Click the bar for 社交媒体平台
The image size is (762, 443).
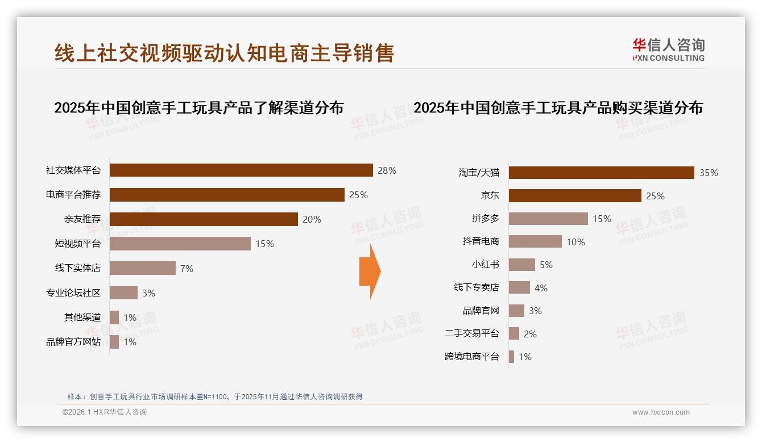click(x=241, y=170)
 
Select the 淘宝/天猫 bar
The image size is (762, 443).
click(x=601, y=173)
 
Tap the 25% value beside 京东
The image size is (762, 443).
click(x=655, y=196)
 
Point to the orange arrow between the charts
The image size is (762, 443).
click(x=370, y=271)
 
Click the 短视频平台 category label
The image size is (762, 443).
click(x=77, y=244)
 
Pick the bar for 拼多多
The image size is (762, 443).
click(x=548, y=219)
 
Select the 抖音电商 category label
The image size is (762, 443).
click(x=481, y=241)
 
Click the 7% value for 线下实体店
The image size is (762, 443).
click(x=187, y=269)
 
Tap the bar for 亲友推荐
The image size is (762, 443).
click(x=204, y=219)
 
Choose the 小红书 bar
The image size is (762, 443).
click(x=521, y=265)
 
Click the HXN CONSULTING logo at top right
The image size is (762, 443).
click(x=668, y=50)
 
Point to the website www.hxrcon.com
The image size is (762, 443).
click(x=661, y=412)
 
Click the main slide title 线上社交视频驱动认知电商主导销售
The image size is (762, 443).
click(x=224, y=53)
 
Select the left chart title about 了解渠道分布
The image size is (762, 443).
click(x=198, y=107)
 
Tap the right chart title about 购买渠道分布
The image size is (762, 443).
click(x=558, y=107)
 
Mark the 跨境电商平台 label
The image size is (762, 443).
click(x=471, y=357)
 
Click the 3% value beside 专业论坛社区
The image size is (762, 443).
click(x=148, y=293)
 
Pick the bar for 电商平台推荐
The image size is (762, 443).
click(x=227, y=195)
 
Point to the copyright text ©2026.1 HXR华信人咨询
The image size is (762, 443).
click(x=104, y=412)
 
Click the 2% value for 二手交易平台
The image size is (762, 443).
click(x=530, y=334)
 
